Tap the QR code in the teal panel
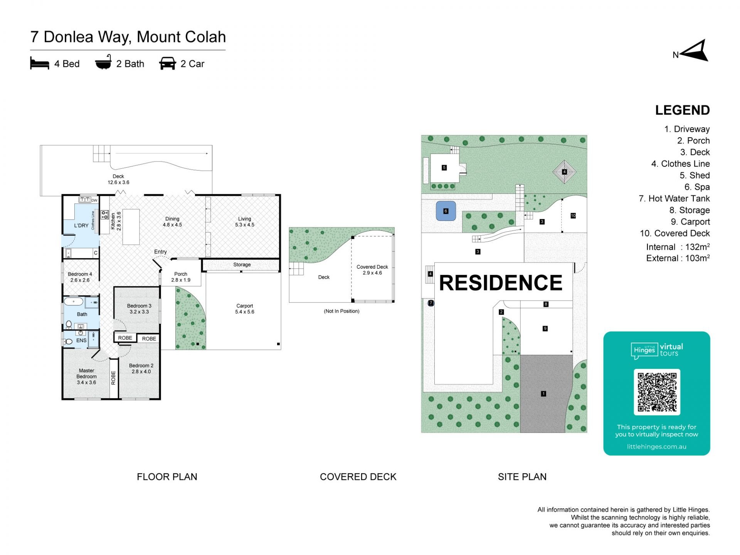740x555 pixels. tap(657, 392)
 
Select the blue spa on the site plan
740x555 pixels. tap(446, 211)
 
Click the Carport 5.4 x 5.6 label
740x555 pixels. tap(244, 309)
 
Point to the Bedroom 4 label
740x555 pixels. tap(80, 277)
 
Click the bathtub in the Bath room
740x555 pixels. tap(73, 301)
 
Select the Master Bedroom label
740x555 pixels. tap(86, 376)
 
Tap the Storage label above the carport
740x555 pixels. tap(242, 264)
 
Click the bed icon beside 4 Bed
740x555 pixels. tap(40, 64)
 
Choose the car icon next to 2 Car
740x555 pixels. tap(167, 64)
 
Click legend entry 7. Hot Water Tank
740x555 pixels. tap(674, 198)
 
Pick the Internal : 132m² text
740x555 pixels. tap(678, 247)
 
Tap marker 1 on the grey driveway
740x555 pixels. tap(543, 394)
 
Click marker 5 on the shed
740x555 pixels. tap(444, 168)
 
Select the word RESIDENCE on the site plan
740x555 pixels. tap(501, 283)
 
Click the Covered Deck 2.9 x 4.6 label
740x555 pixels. tap(372, 270)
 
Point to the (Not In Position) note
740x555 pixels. tap(341, 311)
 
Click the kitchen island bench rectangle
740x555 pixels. tap(131, 227)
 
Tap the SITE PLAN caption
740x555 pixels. tap(522, 477)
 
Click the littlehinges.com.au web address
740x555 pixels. tap(656, 447)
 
